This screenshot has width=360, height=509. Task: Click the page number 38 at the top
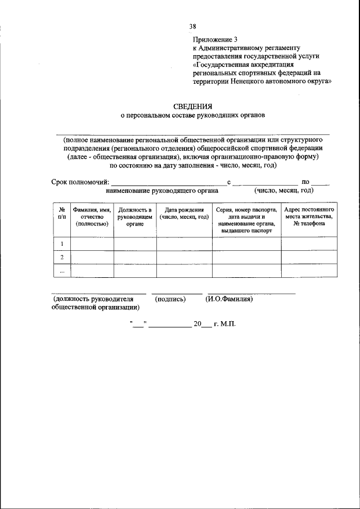click(x=193, y=26)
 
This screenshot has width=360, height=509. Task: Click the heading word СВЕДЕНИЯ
click(x=192, y=106)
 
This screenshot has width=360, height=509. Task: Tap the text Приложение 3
click(x=216, y=40)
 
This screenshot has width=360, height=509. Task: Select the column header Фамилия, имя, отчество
click(x=92, y=217)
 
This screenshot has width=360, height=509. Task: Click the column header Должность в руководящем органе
click(x=135, y=217)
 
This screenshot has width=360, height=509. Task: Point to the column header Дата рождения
click(x=184, y=213)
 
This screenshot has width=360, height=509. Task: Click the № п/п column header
click(x=61, y=213)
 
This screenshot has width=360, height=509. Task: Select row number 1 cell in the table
click(x=61, y=244)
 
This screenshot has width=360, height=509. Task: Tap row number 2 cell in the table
click(x=61, y=257)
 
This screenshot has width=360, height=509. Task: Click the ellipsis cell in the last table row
click(x=61, y=271)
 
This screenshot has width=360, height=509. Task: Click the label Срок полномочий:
click(x=80, y=182)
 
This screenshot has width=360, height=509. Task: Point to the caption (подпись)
click(x=170, y=299)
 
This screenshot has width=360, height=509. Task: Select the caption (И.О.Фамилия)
click(x=229, y=299)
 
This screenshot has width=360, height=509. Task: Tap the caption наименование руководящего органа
click(x=165, y=191)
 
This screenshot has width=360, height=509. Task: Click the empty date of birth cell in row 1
click(x=184, y=244)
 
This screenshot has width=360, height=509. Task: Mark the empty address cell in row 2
click(x=309, y=257)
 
